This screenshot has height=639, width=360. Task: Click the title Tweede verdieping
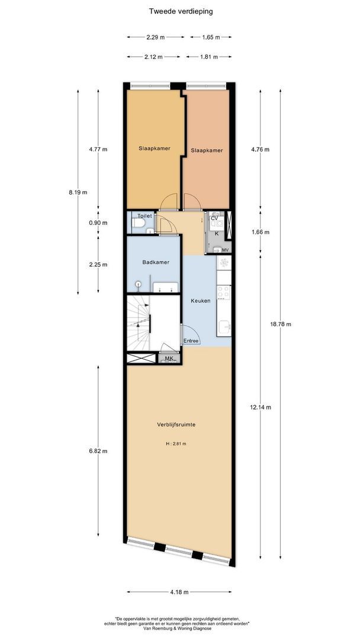(x=181, y=11)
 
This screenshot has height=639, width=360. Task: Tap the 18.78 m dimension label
(x=281, y=324)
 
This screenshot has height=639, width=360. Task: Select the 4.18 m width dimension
(x=179, y=592)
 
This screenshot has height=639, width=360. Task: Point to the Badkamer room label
(x=156, y=262)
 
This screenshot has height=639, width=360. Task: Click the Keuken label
(x=201, y=301)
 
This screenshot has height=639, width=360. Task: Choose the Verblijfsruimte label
(x=176, y=424)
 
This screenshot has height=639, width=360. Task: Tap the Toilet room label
(x=144, y=215)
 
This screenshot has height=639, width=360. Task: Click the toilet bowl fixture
(x=138, y=223)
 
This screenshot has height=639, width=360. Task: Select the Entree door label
(x=191, y=341)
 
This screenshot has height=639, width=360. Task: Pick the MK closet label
(x=169, y=358)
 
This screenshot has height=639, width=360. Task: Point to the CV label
(x=214, y=218)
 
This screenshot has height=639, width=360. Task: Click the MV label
(x=225, y=250)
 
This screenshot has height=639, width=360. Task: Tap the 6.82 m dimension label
(x=98, y=451)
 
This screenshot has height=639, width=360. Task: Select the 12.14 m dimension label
(x=261, y=406)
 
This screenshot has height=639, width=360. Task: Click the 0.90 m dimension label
(x=98, y=222)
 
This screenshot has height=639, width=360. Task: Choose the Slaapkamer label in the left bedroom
(x=154, y=147)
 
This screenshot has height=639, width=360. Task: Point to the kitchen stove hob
(x=223, y=292)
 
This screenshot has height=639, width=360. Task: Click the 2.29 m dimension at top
(x=155, y=37)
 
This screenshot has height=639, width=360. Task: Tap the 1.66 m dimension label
(x=261, y=232)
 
